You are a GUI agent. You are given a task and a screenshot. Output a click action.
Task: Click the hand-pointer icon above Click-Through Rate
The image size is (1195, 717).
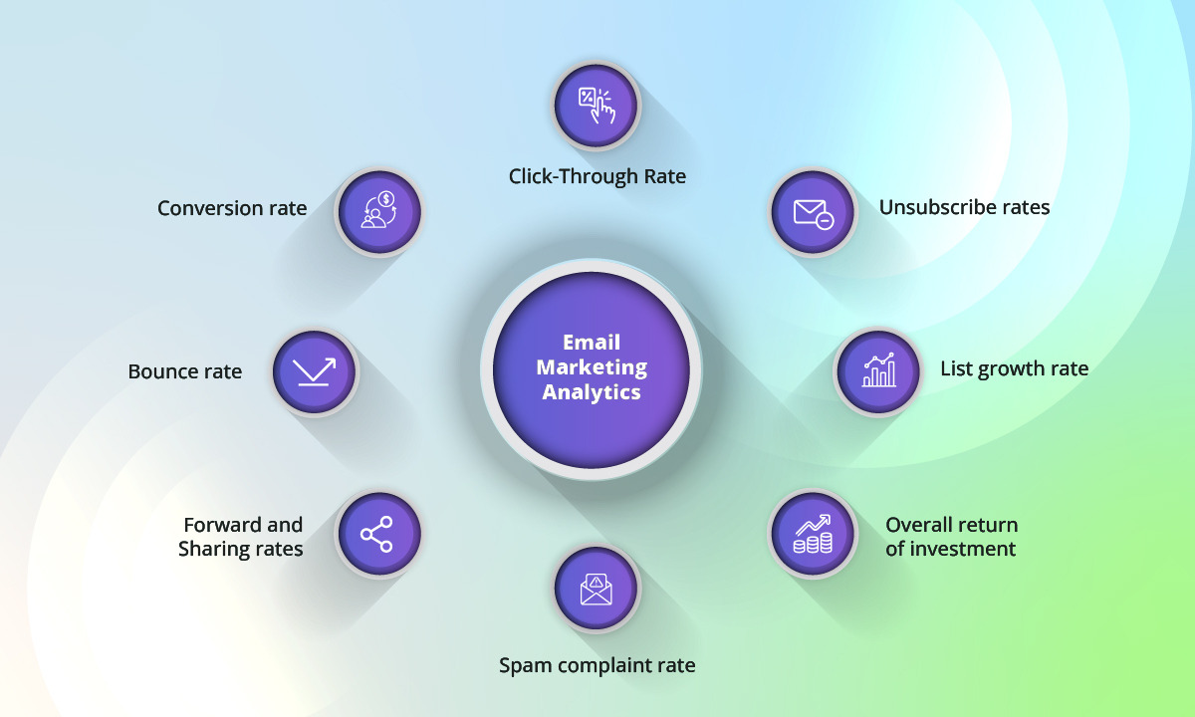coord(597,105)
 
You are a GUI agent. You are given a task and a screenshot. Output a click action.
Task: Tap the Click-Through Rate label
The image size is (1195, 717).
coord(597,177)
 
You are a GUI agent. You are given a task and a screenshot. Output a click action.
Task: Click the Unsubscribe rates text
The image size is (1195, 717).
coord(964,208)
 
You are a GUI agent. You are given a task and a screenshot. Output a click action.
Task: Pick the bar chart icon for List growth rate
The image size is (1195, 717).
coord(877,371)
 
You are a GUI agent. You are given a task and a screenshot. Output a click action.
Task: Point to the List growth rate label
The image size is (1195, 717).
coord(1014,369)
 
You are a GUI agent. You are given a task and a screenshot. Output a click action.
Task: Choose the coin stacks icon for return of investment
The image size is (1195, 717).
coord(813,533)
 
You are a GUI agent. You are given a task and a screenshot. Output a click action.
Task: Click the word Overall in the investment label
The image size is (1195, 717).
coord(916,525)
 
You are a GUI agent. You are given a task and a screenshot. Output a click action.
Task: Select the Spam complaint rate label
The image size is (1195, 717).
coord(597,665)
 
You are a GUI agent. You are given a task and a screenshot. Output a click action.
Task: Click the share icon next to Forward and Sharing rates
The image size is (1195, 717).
coord(376,535)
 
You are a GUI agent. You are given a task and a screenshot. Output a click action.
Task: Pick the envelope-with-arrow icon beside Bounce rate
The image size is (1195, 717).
coord(314,371)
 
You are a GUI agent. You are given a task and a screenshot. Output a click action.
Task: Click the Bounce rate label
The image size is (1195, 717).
coord(185,371)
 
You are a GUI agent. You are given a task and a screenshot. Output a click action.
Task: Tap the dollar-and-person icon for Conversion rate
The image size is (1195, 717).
coord(378,211)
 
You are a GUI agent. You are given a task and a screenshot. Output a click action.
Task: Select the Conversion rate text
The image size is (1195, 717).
coord(232,208)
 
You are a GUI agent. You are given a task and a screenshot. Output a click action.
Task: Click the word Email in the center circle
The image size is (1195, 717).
coord(592,343)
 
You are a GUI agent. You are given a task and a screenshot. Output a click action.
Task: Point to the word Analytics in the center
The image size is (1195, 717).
coord(592,392)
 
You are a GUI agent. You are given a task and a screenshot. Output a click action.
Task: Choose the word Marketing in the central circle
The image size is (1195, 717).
coord(592,367)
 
